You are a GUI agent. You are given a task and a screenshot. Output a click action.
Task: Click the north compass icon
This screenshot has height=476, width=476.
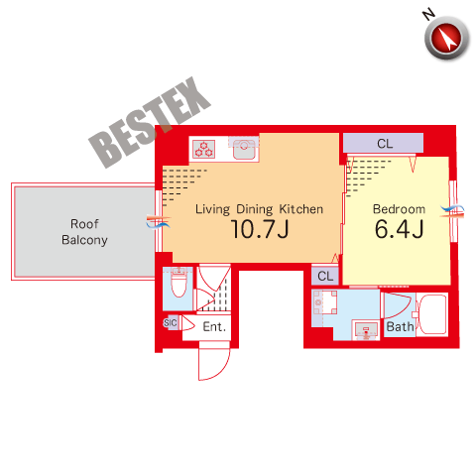pyautogui.click(x=446, y=38)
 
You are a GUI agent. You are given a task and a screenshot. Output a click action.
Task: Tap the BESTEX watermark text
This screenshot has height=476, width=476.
pyautogui.click(x=150, y=122)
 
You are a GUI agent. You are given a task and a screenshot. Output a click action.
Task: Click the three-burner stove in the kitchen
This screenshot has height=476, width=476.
pyautogui.click(x=204, y=149)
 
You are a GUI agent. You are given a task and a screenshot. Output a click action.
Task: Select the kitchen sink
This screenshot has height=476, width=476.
pyautogui.click(x=244, y=149)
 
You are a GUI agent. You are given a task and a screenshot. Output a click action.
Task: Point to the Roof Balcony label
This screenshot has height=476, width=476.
pyautogui.click(x=84, y=232)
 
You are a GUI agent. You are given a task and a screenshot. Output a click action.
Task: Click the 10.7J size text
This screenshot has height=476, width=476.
pyautogui.click(x=260, y=229)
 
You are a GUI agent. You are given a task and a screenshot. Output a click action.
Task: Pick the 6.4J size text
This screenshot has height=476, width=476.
pyautogui.click(x=399, y=229)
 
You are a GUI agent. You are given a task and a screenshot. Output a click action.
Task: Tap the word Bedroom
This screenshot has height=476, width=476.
pyautogui.click(x=399, y=209)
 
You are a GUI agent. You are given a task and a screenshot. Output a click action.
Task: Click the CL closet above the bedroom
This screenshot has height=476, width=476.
pyautogui.click(x=383, y=143)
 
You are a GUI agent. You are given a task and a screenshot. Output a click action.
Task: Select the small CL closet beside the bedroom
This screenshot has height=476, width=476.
pyautogui.click(x=325, y=276)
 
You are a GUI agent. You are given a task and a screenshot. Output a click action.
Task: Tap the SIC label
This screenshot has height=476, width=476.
pyautogui.click(x=171, y=322)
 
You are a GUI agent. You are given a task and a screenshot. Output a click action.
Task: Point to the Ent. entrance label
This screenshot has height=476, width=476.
pyautogui.click(x=214, y=327)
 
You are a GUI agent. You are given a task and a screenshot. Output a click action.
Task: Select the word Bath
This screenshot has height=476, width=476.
pyautogui.click(x=400, y=327)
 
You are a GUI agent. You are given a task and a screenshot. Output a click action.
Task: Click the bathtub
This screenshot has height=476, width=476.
pyautogui.click(x=432, y=314)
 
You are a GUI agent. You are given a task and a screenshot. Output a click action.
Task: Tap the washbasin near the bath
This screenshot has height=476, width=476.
pyautogui.click(x=366, y=330)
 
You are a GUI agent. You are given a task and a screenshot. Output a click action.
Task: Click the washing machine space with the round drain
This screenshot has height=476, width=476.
pyautogui.click(x=325, y=302)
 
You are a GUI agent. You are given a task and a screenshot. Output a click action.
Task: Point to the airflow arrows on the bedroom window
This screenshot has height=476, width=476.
pyautogui.click(x=452, y=211)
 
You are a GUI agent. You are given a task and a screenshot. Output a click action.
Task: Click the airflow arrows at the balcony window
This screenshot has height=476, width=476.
pyautogui.click(x=159, y=221)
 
